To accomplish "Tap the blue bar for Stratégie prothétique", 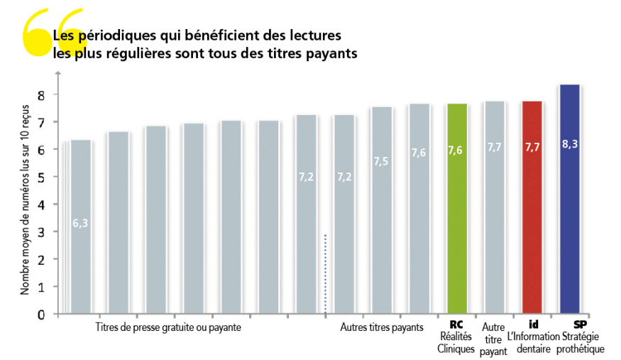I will (x=570, y=199).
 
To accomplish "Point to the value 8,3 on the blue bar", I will (x=570, y=143).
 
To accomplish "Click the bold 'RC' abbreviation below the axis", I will (x=456, y=324).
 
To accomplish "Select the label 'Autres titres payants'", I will (x=381, y=327).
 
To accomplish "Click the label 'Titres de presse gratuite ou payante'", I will (x=168, y=327).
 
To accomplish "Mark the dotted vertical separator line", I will (x=325, y=273).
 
